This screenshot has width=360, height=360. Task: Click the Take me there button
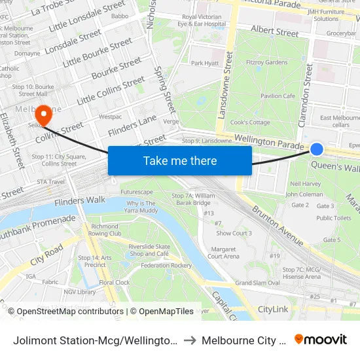tap(180, 160)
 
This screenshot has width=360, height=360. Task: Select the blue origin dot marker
tap(317, 149)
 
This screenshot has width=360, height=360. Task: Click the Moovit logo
tap(321, 340)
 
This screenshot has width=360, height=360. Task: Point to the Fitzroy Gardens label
tap(267, 63)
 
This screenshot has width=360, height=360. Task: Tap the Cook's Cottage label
tap(250, 122)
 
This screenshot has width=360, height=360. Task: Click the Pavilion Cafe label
tap(278, 96)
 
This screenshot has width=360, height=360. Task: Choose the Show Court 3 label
tap(234, 233)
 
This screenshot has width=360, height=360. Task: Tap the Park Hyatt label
tap(204, 63)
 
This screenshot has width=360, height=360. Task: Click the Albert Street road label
tap(275, 31)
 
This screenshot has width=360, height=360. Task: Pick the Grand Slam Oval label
tap(257, 283)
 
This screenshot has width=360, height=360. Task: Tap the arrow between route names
tap(188, 340)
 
